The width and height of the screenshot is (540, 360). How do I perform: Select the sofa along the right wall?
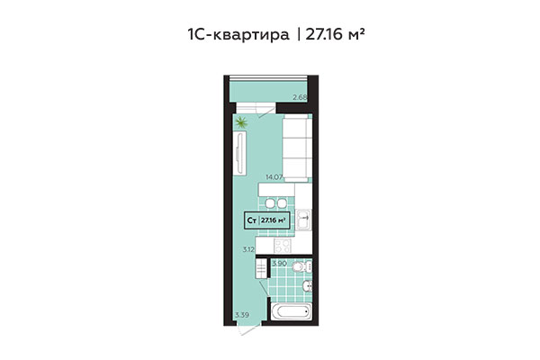[297, 148]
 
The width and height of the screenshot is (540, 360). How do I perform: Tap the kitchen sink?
[304, 217]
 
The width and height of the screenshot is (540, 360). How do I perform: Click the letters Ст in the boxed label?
[252, 219]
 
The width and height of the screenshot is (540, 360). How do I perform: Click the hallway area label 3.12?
[249, 249]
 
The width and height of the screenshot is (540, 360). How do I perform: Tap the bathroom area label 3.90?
[279, 263]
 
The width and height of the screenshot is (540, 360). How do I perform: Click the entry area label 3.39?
[241, 314]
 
